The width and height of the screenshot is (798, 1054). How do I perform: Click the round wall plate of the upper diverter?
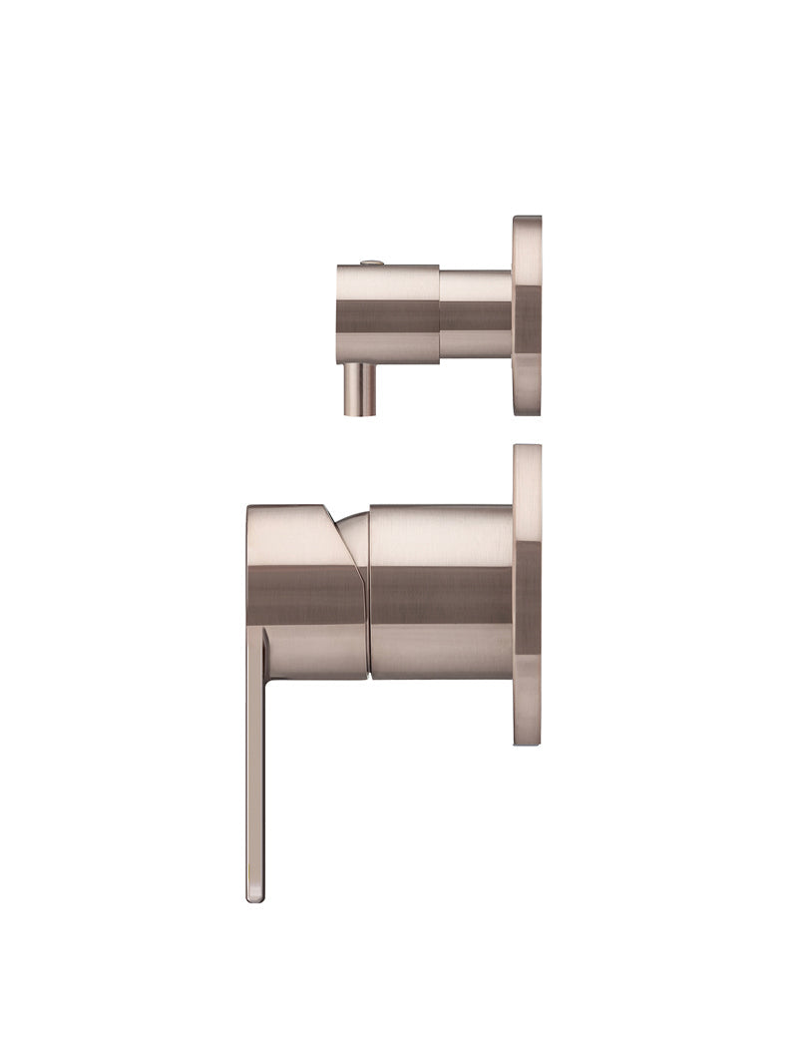[527, 314]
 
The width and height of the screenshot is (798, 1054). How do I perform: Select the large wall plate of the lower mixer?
[528, 595]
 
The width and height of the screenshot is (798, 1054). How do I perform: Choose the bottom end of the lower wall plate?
[528, 741]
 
